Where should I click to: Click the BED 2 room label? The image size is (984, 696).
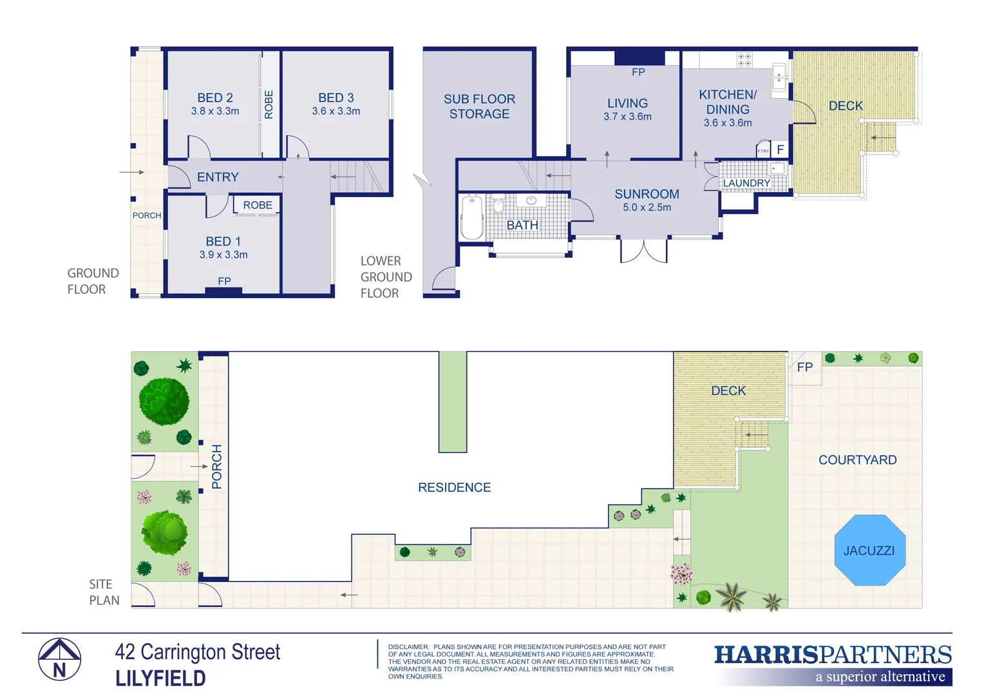coord(214,98)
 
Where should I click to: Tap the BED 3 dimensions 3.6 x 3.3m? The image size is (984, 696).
coord(336,111)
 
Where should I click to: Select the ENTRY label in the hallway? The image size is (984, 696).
coord(218,177)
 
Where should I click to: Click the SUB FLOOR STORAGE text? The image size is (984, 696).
coord(479,106)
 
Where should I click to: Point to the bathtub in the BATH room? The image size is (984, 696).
coord(472,217)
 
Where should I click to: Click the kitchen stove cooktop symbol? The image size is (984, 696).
coord(744,60)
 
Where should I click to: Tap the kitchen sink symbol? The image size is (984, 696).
coord(779,77)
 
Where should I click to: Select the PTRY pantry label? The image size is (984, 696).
coord(763,151)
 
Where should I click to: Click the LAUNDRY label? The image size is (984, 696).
coord(746,184)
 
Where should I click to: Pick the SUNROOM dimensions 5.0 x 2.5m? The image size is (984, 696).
coord(647,208)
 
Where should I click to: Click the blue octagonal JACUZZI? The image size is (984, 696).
coord(869,550)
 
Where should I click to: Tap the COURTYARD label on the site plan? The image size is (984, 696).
coord(857,460)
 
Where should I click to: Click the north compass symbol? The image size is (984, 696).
coord(59,659)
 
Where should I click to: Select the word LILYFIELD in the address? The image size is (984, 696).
coord(160,679)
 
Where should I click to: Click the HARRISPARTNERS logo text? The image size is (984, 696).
coord(833,655)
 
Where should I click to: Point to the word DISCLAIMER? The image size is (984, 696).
coord(408,647)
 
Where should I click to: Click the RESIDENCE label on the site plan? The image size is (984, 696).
coord(454,488)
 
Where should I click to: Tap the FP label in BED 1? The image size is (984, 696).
coord(224,282)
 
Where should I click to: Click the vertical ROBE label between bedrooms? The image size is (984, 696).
coord(269,104)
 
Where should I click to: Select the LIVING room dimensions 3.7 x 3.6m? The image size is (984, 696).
coord(627,117)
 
